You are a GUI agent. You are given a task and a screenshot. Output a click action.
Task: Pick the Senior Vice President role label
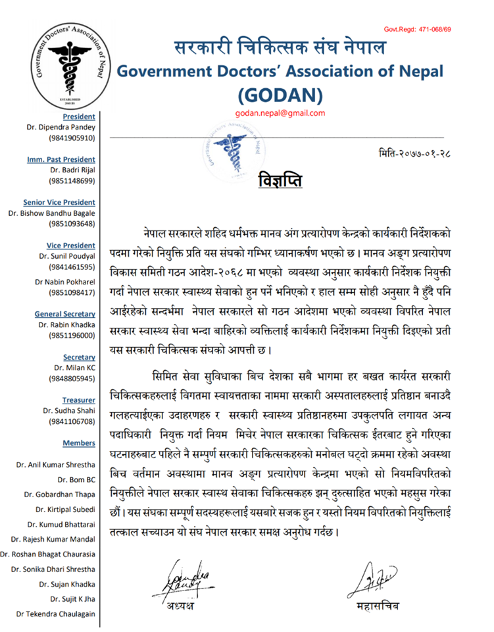pyautogui.click(x=59, y=202)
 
